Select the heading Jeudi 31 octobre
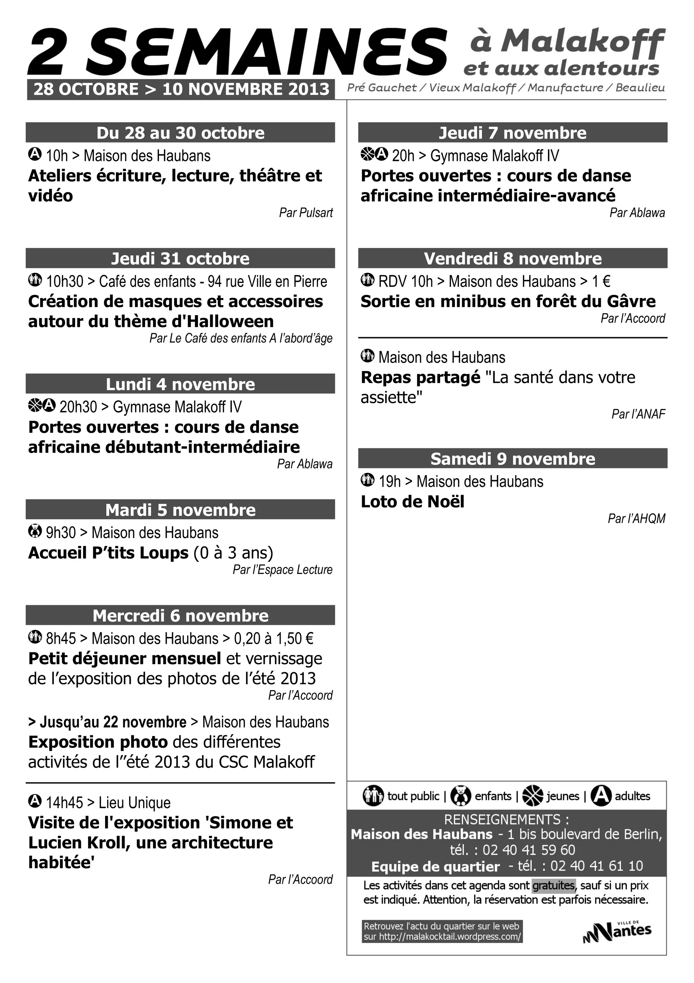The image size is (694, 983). (180, 259)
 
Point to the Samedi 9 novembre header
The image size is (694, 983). (512, 458)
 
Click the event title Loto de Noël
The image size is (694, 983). (412, 502)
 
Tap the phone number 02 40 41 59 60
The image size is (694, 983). (529, 850)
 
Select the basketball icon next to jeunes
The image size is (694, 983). (533, 796)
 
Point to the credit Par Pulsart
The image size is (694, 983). (306, 213)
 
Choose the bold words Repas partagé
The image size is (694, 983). (421, 377)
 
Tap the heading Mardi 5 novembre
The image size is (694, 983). (180, 510)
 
